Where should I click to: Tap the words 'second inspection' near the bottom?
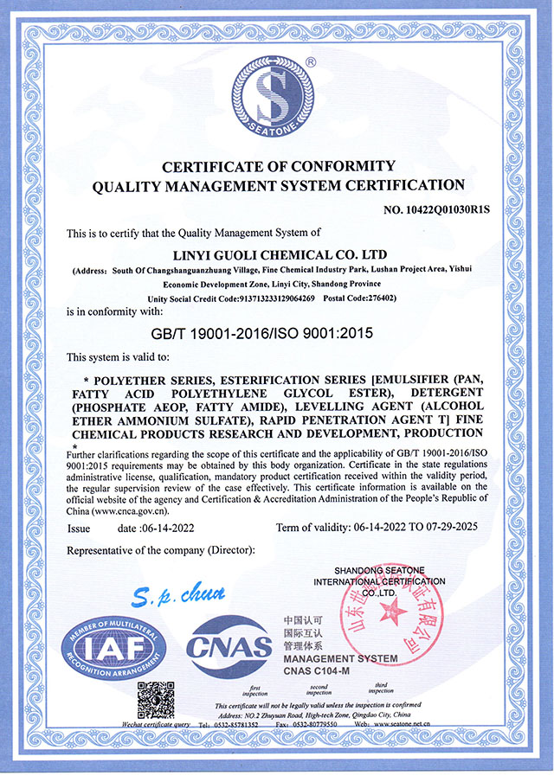(x=319, y=689)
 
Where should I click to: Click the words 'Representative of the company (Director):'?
(x=160, y=550)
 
